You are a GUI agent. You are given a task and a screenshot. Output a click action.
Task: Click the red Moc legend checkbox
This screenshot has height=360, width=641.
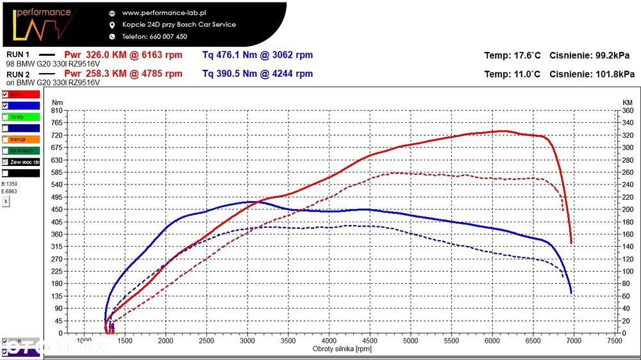(x=5, y=94)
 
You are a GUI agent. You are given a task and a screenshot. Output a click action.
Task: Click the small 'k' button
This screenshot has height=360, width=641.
(x=6, y=200)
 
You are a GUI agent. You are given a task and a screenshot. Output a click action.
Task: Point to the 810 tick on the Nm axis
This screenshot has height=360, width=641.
(x=57, y=110)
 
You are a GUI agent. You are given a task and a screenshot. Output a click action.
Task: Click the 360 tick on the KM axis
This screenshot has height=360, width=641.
(x=628, y=110)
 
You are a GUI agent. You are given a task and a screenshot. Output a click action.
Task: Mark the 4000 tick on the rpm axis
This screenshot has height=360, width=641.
(x=329, y=341)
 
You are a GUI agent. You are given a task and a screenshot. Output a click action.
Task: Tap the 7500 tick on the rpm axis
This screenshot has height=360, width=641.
(x=614, y=341)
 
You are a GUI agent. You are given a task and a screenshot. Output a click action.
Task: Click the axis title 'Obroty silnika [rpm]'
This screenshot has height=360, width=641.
(x=342, y=349)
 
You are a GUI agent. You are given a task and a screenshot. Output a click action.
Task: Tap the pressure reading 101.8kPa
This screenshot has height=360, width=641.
(x=614, y=74)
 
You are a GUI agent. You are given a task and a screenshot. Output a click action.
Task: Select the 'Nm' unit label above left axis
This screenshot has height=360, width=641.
(x=57, y=102)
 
